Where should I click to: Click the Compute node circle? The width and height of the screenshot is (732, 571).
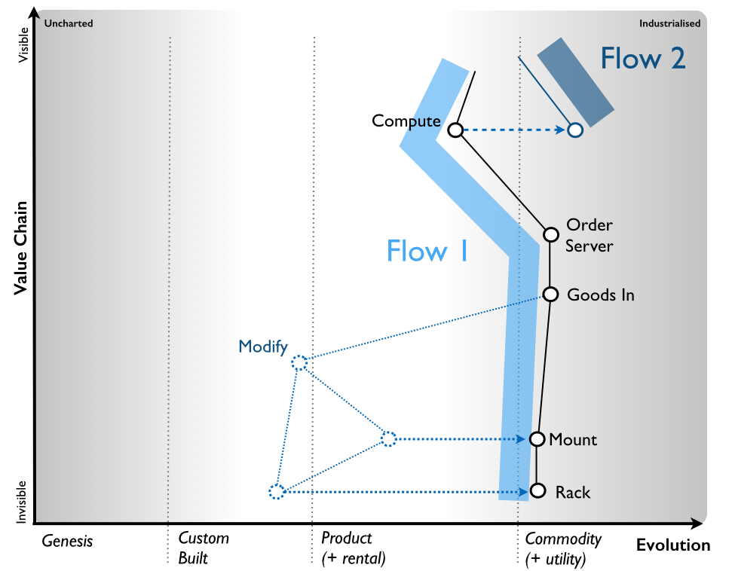455,130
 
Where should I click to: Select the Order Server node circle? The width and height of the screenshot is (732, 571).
551,234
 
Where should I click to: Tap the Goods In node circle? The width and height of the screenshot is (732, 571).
550,294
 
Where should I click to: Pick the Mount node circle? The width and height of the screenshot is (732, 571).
537,439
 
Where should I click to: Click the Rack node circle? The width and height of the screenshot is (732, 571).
538,490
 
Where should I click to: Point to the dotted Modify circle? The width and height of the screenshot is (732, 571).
299,362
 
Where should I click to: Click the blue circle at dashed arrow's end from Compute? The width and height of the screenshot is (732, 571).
575,130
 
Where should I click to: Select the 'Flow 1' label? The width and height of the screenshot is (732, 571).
427,251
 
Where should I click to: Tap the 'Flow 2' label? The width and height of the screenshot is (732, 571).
642,58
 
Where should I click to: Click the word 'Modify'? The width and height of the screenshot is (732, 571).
263,347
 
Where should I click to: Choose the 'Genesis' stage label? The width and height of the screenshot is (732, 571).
67,540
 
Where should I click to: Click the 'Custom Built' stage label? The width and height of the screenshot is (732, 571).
204,548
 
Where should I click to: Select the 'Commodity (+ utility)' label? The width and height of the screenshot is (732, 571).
563,548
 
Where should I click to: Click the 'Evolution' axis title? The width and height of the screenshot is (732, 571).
672,545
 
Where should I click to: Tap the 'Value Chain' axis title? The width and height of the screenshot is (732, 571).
22,246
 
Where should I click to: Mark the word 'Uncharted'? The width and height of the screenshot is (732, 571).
69,23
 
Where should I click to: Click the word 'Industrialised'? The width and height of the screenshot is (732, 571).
669,23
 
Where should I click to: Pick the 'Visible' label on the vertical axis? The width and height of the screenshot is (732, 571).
24,48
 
